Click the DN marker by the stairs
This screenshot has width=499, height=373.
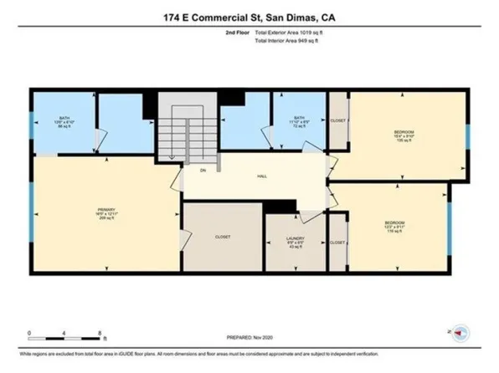tap(203, 170)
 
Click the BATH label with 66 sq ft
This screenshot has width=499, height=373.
tap(64, 122)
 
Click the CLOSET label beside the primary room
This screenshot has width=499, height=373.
tap(222, 238)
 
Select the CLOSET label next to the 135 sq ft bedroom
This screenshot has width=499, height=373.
tap(337, 120)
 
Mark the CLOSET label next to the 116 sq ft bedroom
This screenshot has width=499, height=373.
tap(337, 243)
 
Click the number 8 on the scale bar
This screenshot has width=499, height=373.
tap(100, 331)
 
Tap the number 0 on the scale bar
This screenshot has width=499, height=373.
tap(29, 331)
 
